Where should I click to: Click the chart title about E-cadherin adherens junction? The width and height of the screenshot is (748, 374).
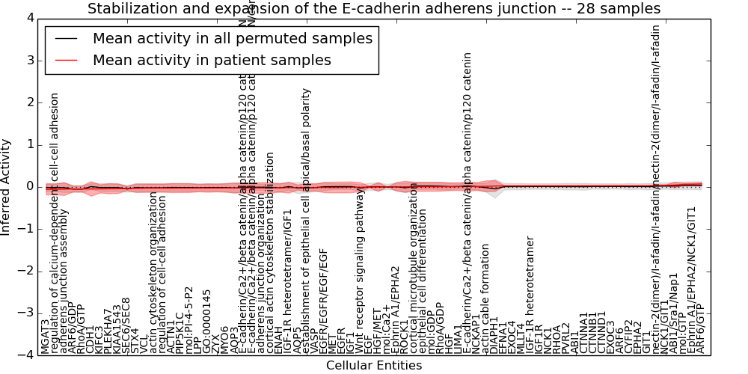click(x=374, y=9)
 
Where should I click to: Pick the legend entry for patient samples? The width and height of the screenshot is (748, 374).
click(x=212, y=60)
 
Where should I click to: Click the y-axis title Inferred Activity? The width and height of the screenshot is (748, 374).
click(x=7, y=187)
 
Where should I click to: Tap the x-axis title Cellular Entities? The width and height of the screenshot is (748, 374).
click(x=374, y=366)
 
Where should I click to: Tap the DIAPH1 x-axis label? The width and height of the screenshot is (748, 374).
click(x=494, y=334)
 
